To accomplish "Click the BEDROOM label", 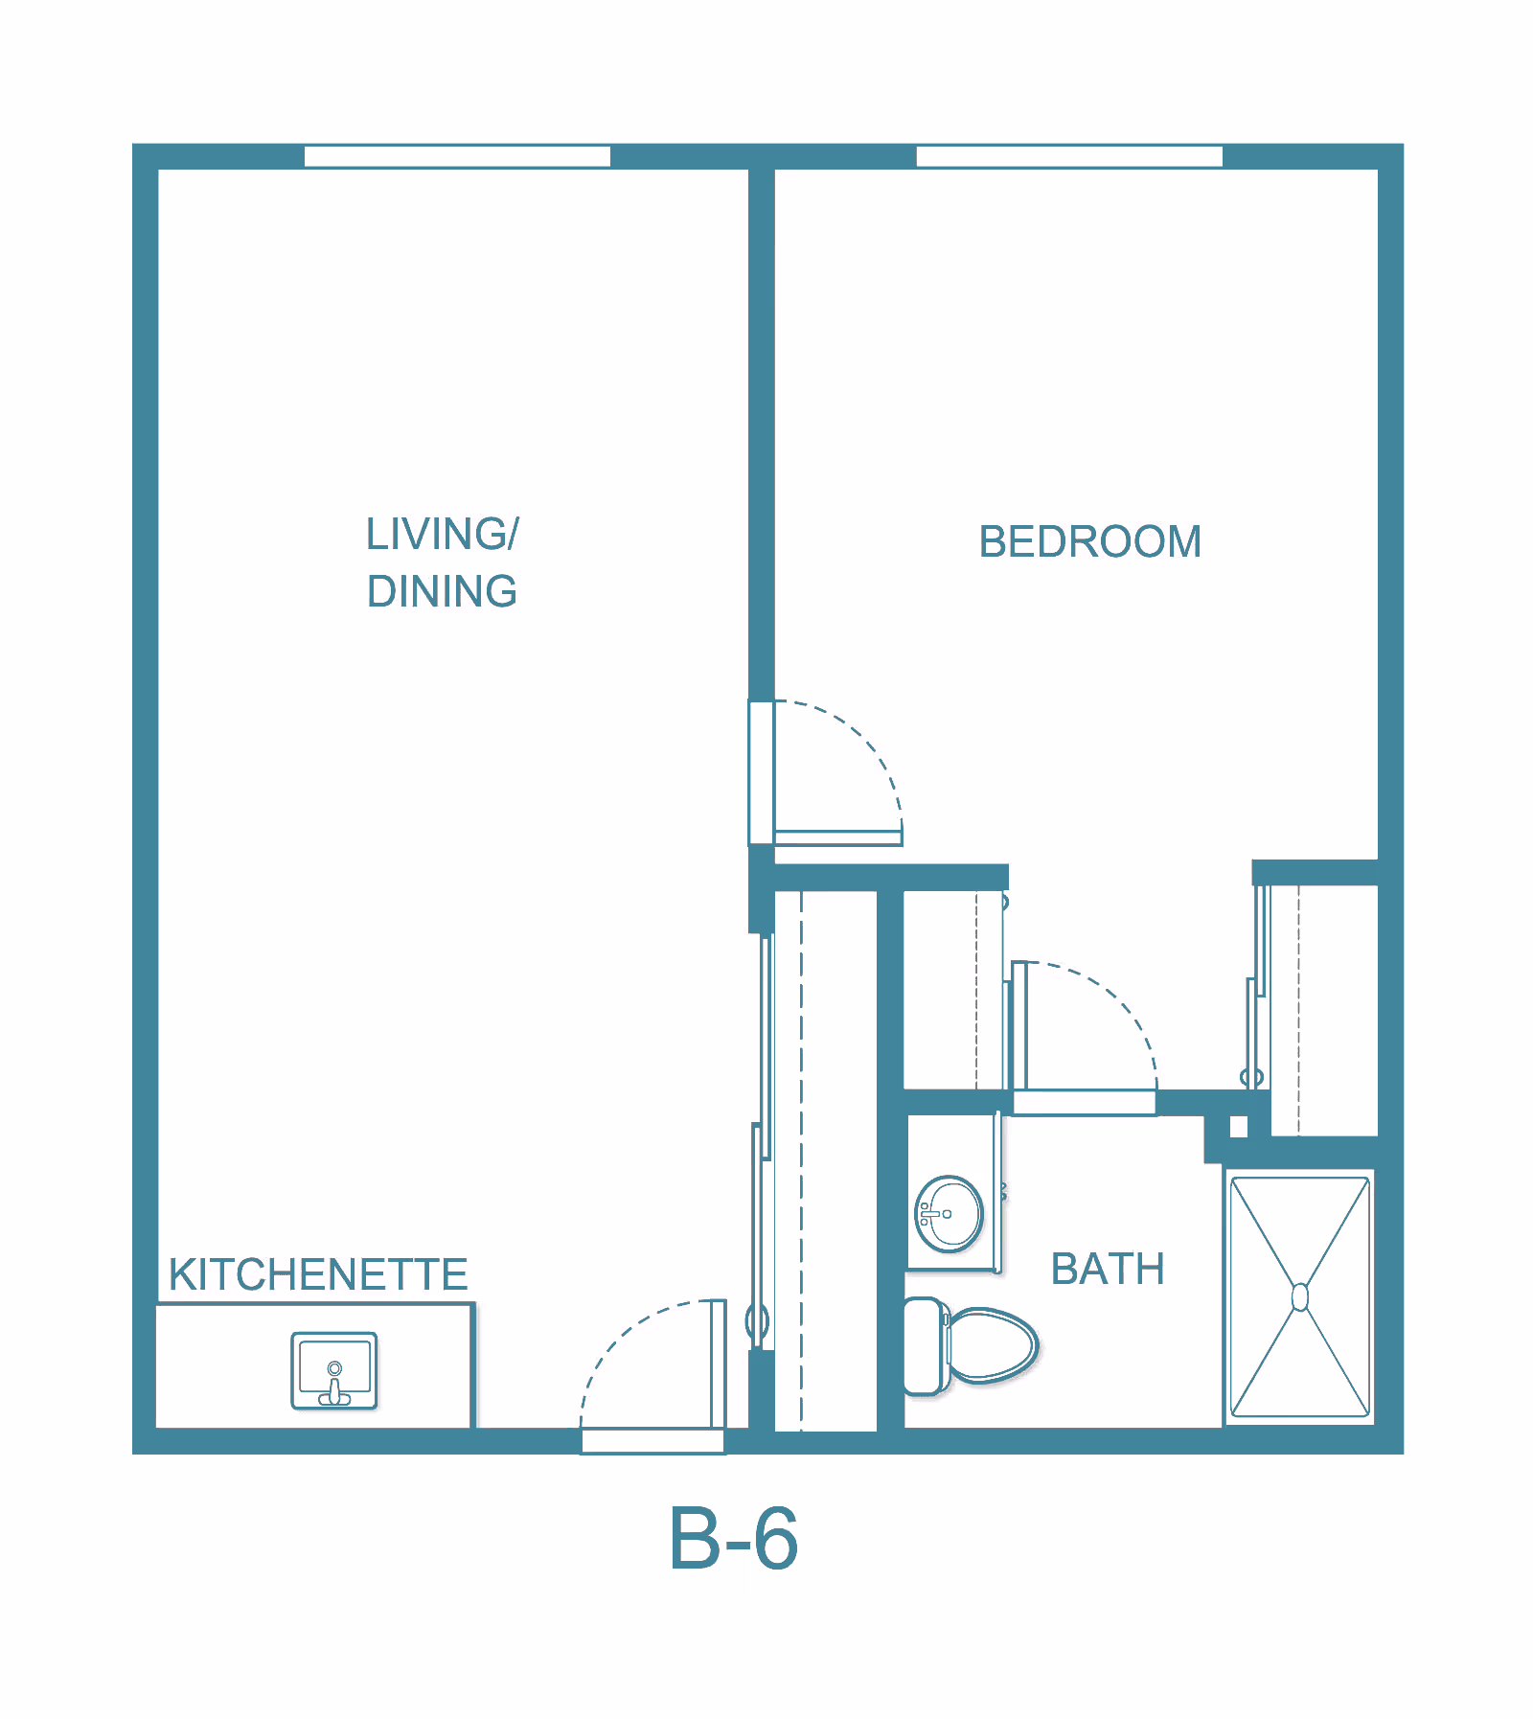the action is point(1089,542).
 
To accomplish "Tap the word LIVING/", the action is point(442,535).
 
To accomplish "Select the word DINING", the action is point(442,592).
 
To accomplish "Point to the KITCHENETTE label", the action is point(318,1275).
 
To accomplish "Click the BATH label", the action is point(1108,1270).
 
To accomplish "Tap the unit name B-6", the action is point(733,1538).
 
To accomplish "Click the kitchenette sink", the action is point(334,1371).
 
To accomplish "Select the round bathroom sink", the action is point(949,1214).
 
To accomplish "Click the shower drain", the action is point(1300,1297).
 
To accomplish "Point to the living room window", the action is point(457,156).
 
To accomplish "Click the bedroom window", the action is point(1069,156).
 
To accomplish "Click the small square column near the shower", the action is point(1239,1127).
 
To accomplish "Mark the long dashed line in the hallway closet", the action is point(801,1160).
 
